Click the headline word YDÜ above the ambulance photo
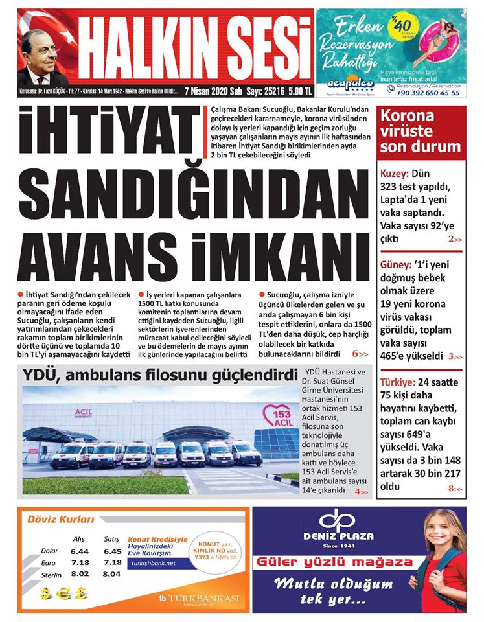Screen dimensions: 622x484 pos(40,375)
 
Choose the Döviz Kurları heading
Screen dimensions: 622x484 pos(60,519)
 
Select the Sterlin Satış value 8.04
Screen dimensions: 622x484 pos(111,574)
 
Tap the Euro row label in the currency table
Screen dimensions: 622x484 pos(49,562)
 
